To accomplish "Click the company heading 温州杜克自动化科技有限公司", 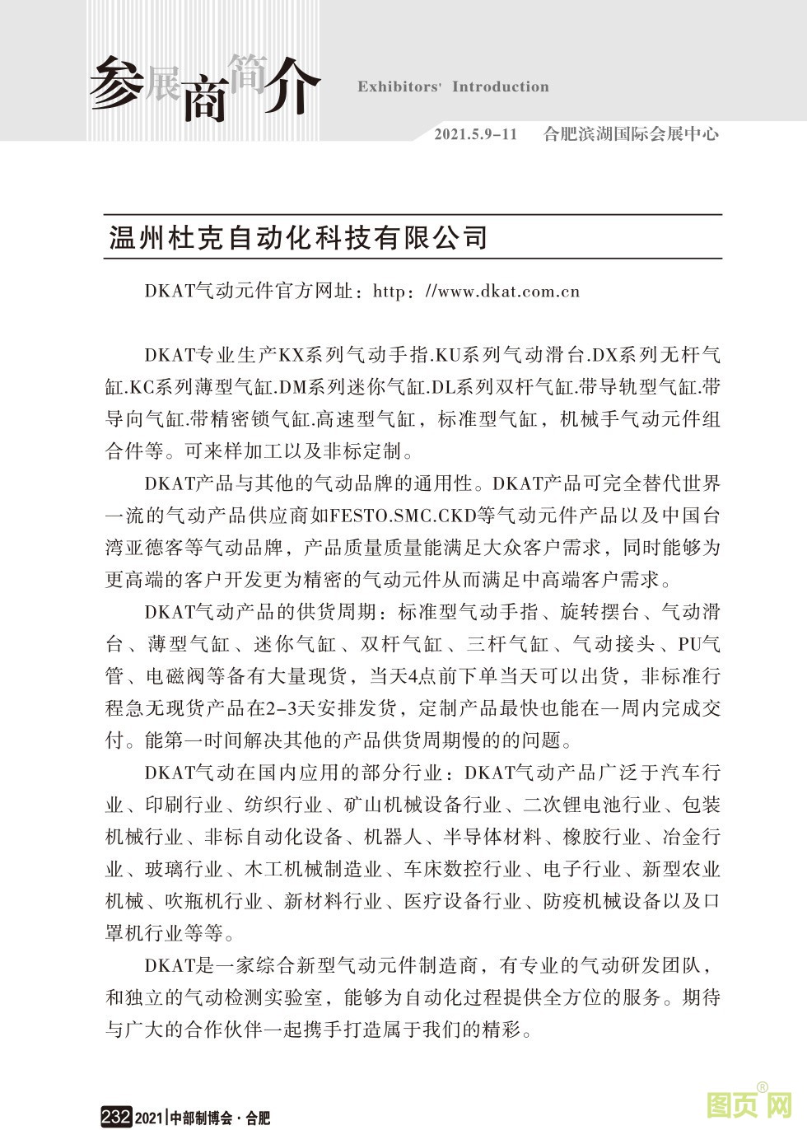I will (x=299, y=237).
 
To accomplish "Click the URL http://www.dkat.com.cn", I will (x=477, y=291).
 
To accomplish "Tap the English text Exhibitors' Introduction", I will (x=453, y=86).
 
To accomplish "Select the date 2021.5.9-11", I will (x=476, y=134).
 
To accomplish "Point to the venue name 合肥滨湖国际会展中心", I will (x=631, y=134).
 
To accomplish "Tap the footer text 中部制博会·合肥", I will (x=220, y=1118).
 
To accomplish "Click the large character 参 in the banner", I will (x=115, y=82).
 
